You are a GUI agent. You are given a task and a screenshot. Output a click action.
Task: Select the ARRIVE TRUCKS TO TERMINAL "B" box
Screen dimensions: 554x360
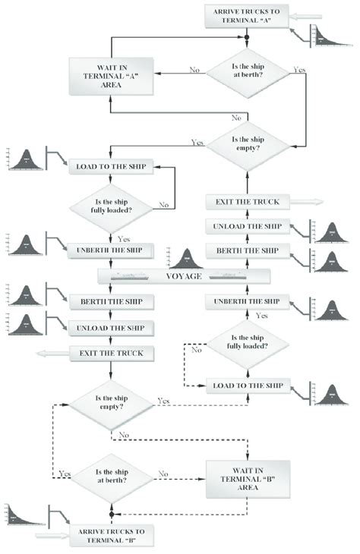click(112, 535)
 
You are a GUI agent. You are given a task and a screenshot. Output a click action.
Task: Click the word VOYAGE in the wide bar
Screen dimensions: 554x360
click(182, 277)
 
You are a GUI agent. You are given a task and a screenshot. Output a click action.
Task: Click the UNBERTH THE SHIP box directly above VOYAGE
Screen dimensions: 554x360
click(112, 250)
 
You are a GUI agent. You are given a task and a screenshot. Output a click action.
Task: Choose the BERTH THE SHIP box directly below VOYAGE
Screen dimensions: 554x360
click(112, 301)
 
